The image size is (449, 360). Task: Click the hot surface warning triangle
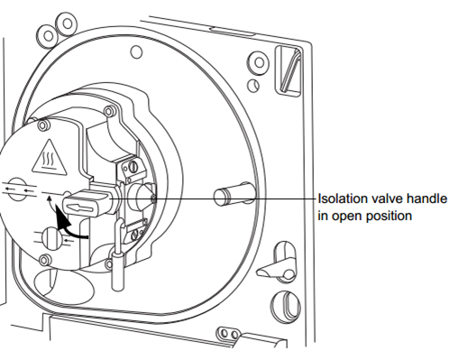click(x=50, y=158)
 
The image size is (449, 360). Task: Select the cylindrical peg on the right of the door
click(x=234, y=194)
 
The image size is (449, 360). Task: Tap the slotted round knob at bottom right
click(x=286, y=306)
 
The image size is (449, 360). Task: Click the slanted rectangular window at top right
click(x=289, y=70)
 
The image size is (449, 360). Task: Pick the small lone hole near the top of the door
click(x=136, y=52)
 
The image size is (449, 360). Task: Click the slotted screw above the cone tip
click(x=133, y=166)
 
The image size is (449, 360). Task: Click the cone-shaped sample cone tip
click(x=145, y=198)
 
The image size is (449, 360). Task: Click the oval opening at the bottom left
click(x=64, y=285)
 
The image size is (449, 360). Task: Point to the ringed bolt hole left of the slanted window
click(x=258, y=63)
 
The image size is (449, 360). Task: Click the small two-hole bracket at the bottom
click(x=229, y=333)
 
